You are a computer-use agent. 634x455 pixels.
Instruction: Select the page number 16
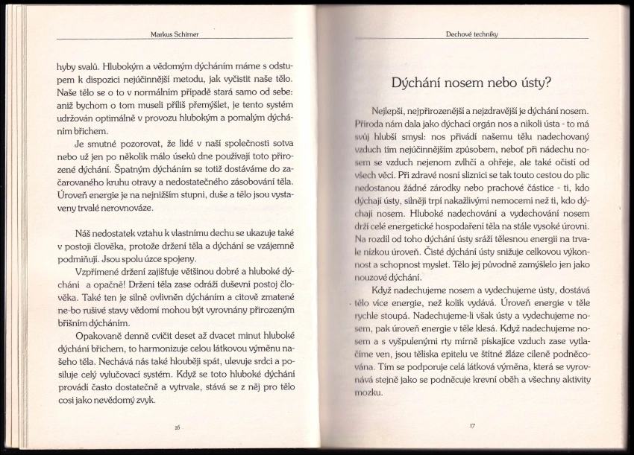pos(177,427)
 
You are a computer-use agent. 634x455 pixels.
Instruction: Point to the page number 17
pos(471,425)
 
